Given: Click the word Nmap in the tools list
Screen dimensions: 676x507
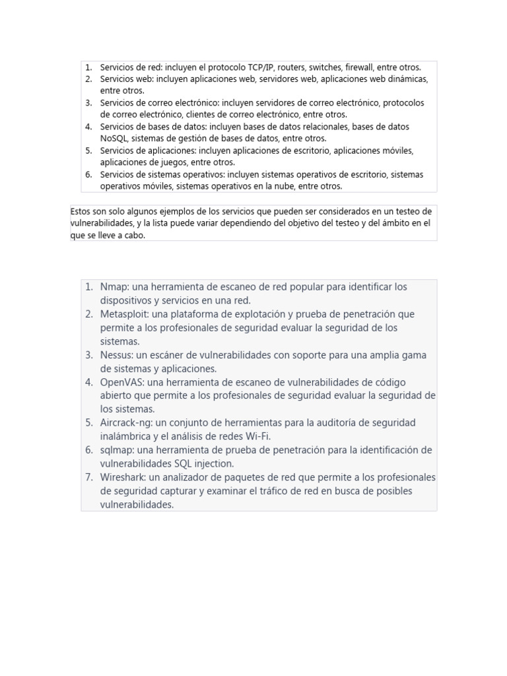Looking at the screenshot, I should point(114,287).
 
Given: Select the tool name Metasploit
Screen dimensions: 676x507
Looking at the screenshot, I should point(124,314).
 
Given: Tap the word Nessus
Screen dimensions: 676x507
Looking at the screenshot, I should point(116,355).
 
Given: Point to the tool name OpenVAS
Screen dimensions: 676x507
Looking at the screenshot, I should point(121,382).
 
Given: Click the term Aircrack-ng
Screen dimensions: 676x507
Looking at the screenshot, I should point(126,422).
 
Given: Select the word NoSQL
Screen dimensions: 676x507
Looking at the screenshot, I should point(114,139).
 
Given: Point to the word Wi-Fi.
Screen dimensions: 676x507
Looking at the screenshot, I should point(257,436).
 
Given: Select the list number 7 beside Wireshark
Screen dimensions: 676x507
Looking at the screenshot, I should point(88,477).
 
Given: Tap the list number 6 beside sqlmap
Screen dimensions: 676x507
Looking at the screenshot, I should point(88,450).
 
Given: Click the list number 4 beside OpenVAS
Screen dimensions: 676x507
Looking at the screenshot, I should point(88,382).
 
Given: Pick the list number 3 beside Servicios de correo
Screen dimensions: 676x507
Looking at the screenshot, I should point(88,103).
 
